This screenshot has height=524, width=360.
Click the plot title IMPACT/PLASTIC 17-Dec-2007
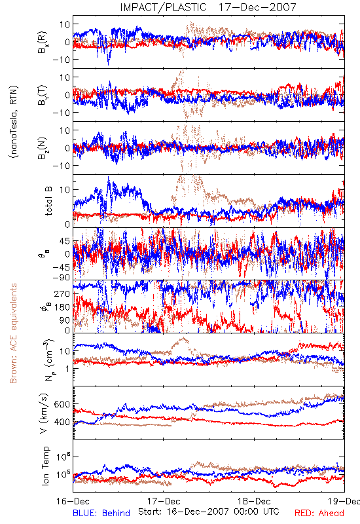click(208, 7)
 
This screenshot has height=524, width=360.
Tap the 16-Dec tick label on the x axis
click(73, 501)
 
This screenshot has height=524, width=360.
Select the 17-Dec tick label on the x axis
click(164, 501)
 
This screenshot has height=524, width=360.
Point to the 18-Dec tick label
click(254, 501)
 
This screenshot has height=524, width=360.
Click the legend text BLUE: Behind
click(101, 513)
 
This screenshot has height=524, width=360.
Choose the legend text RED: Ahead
click(319, 513)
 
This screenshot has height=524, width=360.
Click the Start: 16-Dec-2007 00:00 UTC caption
click(209, 512)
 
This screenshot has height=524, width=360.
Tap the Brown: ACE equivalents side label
click(13, 333)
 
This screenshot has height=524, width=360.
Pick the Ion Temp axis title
click(45, 466)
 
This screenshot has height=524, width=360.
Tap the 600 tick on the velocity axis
click(62, 404)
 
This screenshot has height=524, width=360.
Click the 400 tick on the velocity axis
click(62, 422)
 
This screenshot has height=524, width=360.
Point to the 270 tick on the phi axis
click(62, 294)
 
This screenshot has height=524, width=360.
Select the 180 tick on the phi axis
click(62, 307)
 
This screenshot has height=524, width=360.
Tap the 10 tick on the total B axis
click(65, 190)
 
